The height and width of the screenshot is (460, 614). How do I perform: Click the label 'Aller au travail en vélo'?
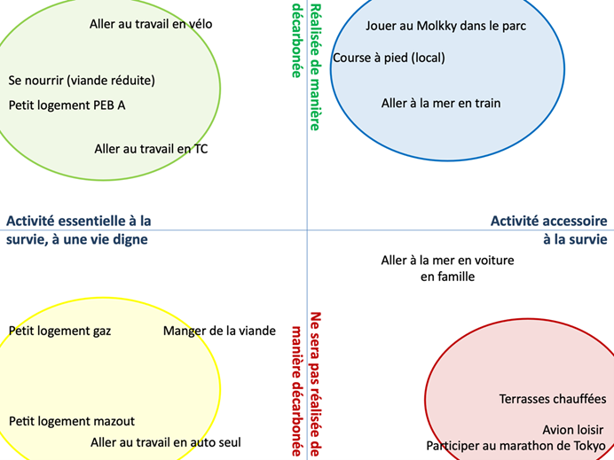151,24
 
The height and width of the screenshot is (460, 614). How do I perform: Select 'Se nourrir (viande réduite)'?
82,80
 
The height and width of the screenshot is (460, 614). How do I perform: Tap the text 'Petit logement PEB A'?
67,105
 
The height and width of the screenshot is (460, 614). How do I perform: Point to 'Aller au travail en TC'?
151,149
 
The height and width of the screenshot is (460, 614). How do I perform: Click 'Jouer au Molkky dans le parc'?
445,26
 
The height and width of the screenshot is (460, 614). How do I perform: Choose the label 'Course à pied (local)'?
389,58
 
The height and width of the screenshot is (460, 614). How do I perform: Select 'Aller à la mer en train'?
441,103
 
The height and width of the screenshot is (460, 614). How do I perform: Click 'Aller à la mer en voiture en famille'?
447,268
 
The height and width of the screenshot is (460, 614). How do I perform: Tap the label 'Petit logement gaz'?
59,331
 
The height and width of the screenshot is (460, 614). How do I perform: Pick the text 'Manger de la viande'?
219,331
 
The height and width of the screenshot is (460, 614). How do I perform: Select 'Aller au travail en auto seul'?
165,441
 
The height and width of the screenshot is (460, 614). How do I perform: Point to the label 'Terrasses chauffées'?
552,399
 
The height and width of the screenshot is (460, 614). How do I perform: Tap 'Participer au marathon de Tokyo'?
516,445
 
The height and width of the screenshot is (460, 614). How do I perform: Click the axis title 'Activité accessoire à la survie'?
548,230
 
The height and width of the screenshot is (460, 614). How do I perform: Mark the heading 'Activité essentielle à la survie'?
78,230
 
